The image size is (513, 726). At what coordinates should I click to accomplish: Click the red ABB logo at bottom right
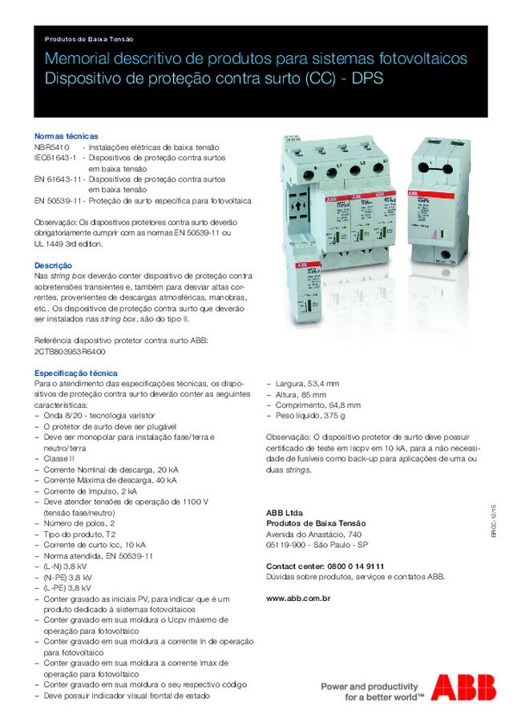(x=463, y=688)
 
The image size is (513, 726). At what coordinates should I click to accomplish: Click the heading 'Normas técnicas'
(x=66, y=136)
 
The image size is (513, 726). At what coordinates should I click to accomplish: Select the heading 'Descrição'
(x=53, y=264)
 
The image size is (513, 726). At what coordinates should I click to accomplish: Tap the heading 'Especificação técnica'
(x=75, y=373)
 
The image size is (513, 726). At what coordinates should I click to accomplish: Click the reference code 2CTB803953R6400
(x=69, y=351)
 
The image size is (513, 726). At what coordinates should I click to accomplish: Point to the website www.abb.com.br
(x=298, y=598)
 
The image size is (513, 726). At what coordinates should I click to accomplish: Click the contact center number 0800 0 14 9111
(x=355, y=566)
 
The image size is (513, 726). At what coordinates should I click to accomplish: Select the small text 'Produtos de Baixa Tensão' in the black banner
(x=89, y=38)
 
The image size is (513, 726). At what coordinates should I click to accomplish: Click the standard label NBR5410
(x=52, y=147)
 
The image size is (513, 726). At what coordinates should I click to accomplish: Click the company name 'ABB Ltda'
(x=285, y=512)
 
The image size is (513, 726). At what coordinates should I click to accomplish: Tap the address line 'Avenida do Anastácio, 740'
(x=313, y=534)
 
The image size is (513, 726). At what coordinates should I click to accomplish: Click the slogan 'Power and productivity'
(x=370, y=686)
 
